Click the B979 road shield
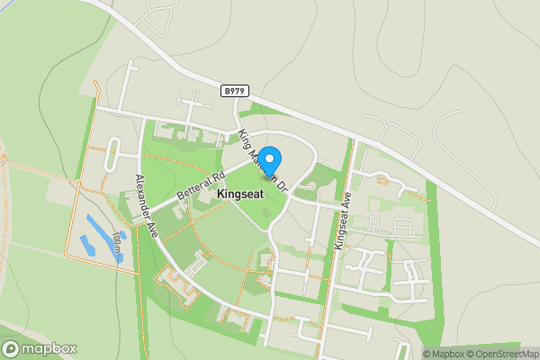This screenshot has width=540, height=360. point(234,90)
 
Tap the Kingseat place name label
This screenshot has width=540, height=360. point(239,193)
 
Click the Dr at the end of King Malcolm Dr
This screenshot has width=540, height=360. point(281,188)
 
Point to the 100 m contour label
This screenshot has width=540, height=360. point(118,241)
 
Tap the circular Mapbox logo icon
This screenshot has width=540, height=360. point(11,349)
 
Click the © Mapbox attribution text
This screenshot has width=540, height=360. point(446,354)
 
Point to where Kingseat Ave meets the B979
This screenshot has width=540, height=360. point(354,138)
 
